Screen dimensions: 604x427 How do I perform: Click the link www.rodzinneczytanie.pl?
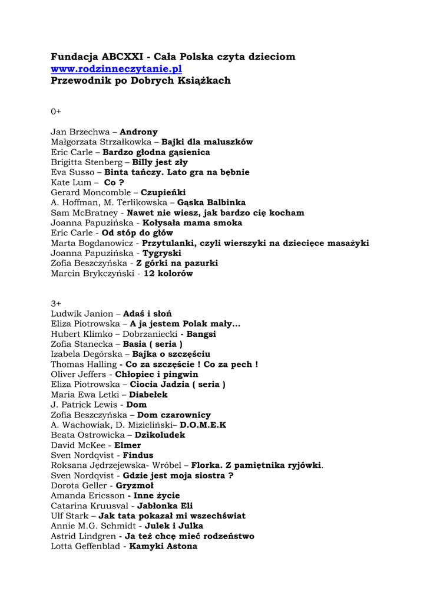pyautogui.click(x=116, y=69)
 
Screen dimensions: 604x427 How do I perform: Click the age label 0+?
pyautogui.click(x=56, y=111)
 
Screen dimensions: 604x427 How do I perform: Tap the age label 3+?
pyautogui.click(x=56, y=304)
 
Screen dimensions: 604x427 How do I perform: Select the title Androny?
pyautogui.click(x=138, y=132)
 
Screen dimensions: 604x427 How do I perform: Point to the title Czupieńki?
pyautogui.click(x=163, y=192)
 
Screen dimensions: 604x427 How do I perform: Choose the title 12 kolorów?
pyautogui.click(x=168, y=274)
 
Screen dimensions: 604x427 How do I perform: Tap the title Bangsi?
pyautogui.click(x=201, y=334)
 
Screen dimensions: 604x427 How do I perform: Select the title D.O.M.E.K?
pyautogui.click(x=203, y=425)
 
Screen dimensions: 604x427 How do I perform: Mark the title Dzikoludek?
pyautogui.click(x=160, y=435)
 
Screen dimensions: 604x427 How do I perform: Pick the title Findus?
pyautogui.click(x=138, y=455)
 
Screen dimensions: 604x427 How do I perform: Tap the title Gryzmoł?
pyautogui.click(x=135, y=485)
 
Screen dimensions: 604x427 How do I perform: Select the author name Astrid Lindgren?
pyautogui.click(x=82, y=536)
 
